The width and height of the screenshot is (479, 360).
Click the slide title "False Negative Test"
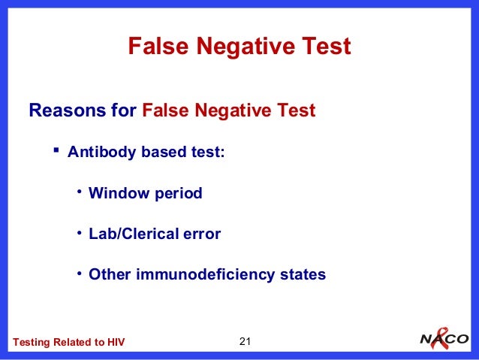point(239,47)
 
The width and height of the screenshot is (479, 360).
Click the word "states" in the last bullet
point(303,274)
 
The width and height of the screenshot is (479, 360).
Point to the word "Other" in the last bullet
point(110,274)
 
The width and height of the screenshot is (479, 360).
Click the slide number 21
point(243,342)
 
